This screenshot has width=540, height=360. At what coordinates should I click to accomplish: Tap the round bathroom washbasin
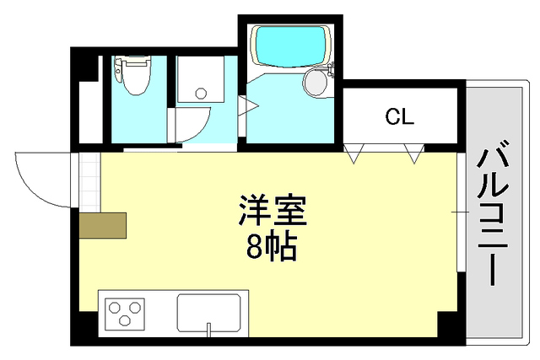tap(315, 83)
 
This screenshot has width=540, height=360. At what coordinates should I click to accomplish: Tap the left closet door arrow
tap(356, 153)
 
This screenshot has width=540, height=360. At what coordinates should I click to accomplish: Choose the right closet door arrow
tap(414, 153)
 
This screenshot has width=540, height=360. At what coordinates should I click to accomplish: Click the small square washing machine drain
tap(200, 94)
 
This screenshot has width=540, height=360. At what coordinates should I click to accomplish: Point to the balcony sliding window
tap(461, 211)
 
